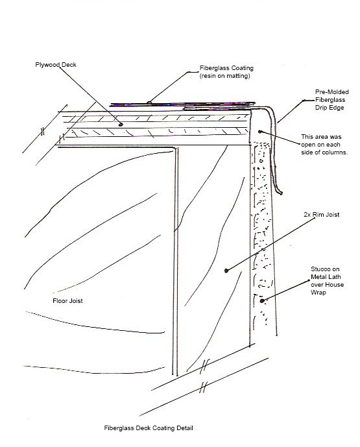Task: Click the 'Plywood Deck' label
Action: (x=56, y=65)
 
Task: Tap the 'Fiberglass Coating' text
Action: (x=226, y=68)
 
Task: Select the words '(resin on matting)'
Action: (x=225, y=76)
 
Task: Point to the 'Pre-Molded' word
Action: (x=331, y=92)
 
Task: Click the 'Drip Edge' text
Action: (x=330, y=108)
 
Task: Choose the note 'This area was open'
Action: (x=321, y=141)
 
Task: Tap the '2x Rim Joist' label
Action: (x=322, y=215)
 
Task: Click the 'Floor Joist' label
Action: (x=67, y=301)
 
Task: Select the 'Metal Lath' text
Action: (x=326, y=277)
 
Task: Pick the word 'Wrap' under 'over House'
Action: (x=318, y=293)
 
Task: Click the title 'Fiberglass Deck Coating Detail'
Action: (x=149, y=428)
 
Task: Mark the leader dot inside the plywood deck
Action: (x=121, y=125)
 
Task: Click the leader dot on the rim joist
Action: (x=226, y=271)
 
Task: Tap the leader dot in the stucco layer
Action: (x=262, y=301)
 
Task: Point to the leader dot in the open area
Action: (x=260, y=132)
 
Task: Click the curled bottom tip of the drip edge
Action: (x=281, y=193)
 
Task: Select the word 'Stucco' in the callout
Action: (x=321, y=269)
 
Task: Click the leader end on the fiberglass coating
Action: (x=149, y=102)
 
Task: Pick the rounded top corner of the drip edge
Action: (x=270, y=110)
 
